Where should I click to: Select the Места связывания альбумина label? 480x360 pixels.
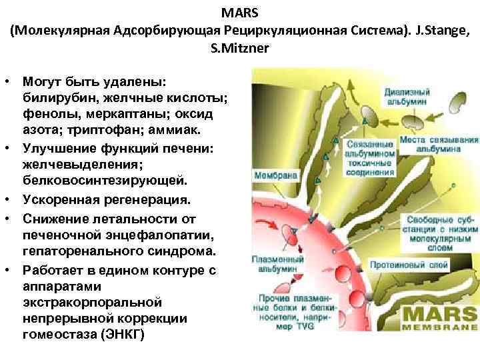(439, 145)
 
